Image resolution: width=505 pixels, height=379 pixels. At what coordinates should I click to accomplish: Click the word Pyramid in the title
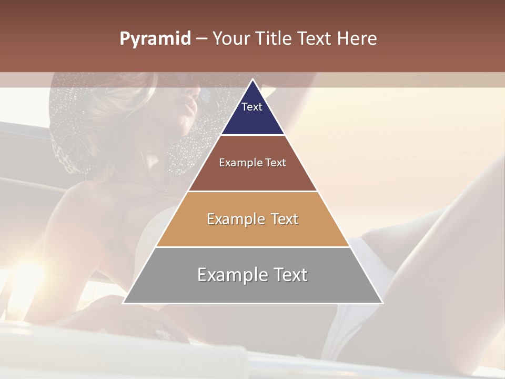pyautogui.click(x=155, y=39)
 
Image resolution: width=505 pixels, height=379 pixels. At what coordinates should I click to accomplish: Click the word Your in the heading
pyautogui.click(x=231, y=39)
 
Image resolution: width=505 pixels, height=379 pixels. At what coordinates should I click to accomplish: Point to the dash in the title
pyautogui.click(x=201, y=39)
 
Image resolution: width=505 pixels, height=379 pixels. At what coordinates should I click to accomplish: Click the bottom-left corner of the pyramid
pyautogui.click(x=123, y=303)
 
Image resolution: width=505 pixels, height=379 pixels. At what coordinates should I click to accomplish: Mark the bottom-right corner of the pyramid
pyautogui.click(x=382, y=303)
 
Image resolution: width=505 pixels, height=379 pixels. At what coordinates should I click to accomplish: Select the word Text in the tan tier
pyautogui.click(x=285, y=219)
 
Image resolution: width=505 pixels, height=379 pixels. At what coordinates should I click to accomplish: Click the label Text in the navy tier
pyautogui.click(x=252, y=107)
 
